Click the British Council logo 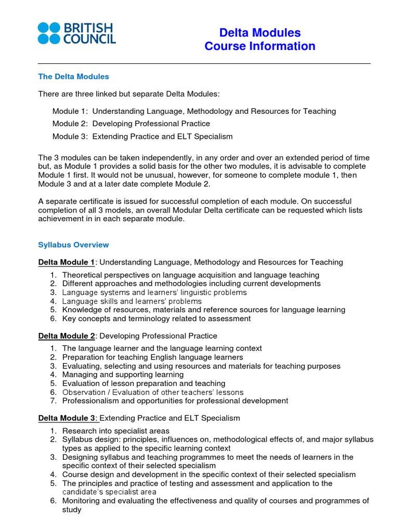[76, 33]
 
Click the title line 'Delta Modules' [260, 33]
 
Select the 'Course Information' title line [260, 46]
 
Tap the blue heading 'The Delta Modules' [74, 76]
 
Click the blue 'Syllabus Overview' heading [74, 245]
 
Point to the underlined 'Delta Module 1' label [66, 262]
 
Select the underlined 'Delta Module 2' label [66, 336]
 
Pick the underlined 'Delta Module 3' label [66, 418]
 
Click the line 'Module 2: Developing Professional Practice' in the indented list [131, 124]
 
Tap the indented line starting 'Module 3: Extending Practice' [142, 137]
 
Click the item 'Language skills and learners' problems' [132, 301]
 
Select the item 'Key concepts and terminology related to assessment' [156, 318]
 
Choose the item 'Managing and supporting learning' [123, 375]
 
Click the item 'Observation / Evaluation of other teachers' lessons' [153, 392]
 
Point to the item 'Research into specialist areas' [116, 431]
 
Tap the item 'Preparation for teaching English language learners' [153, 357]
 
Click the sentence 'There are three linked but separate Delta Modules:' [129, 94]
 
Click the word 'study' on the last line [72, 510]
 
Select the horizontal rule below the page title [204, 63]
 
